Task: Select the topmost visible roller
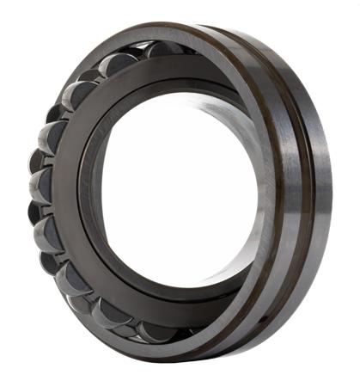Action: (163, 49)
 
